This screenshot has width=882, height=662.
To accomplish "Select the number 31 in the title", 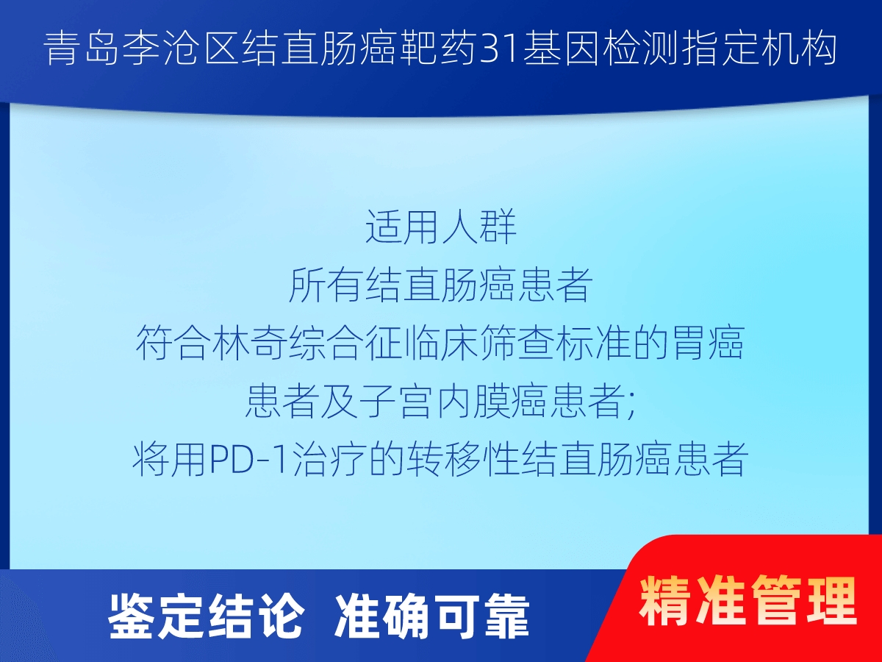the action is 500,50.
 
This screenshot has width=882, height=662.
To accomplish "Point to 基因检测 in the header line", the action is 600,49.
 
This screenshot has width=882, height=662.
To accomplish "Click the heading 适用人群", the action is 441,227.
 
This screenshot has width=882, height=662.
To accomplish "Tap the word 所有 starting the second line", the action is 326,285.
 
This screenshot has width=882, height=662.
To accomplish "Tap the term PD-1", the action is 249,460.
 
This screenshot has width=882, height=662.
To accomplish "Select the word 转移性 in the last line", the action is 462,459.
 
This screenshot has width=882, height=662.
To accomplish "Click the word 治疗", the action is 328,459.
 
